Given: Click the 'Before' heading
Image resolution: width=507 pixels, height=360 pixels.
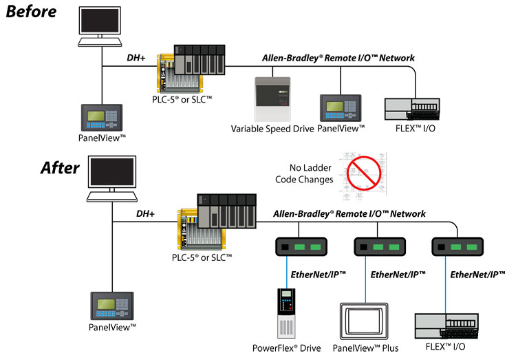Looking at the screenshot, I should point(33,12).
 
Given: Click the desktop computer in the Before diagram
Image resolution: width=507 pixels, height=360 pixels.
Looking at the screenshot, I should point(100,28).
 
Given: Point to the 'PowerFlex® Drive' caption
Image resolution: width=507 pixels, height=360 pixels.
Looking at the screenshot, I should point(287,348).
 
